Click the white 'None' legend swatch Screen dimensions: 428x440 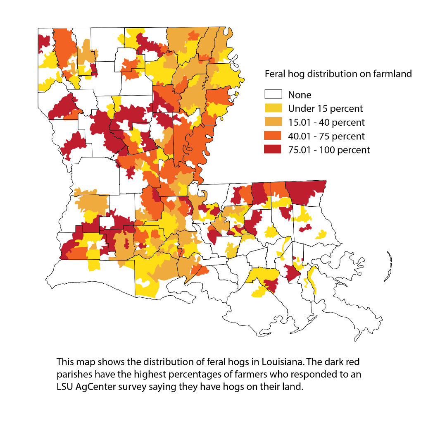point(273,95)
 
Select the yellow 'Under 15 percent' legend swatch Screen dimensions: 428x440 point(273,108)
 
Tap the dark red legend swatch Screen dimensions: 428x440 point(273,149)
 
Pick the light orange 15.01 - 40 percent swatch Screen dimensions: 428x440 point(273,122)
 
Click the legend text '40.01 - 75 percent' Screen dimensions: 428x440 point(326,136)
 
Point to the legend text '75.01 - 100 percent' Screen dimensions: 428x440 point(329,150)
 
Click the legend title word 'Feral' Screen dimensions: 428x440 point(274,74)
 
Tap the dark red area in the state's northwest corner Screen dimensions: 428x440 point(43,42)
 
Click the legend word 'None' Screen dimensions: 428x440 point(300,95)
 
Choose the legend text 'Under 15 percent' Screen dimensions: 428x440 point(326,109)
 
